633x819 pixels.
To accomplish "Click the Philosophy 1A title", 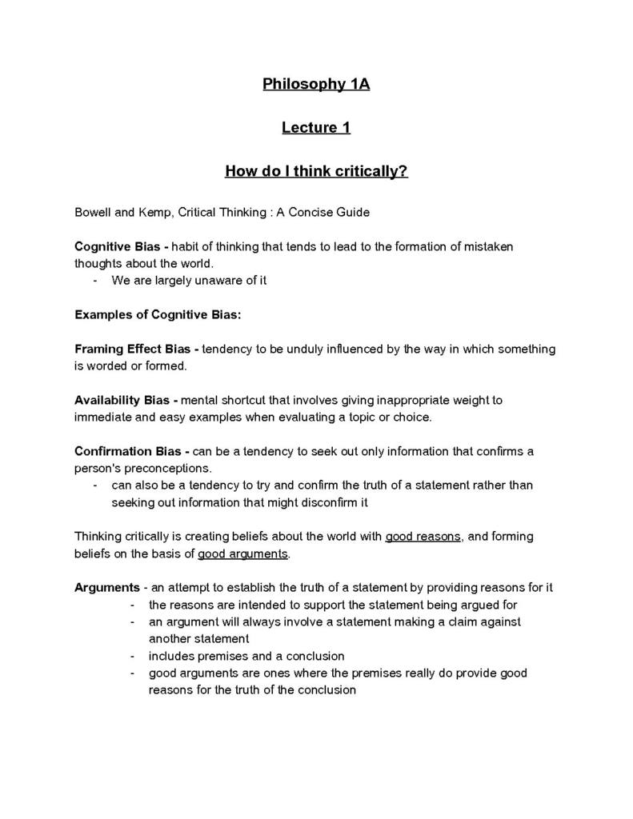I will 316,84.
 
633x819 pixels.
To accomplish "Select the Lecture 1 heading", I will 316,127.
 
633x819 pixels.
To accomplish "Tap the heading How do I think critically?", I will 316,171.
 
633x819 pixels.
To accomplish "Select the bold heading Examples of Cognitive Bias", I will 157,315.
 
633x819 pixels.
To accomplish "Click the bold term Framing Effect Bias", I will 133,350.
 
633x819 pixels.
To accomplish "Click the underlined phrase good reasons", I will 423,537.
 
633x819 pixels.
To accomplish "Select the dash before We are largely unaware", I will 95,281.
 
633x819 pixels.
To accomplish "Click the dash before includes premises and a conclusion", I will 132,656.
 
